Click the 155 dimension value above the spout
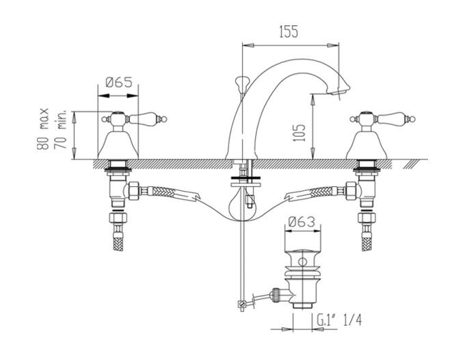(x=289, y=31)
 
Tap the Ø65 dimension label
(x=118, y=82)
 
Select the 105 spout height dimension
(x=299, y=133)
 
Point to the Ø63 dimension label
(x=302, y=222)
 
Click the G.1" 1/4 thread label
(x=339, y=320)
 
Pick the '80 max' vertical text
(x=43, y=129)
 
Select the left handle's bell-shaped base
(x=118, y=145)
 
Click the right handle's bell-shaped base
(x=366, y=145)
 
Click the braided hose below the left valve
(x=118, y=238)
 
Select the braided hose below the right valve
(x=366, y=238)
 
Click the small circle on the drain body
(x=303, y=262)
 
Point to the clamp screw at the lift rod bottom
(x=242, y=304)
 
